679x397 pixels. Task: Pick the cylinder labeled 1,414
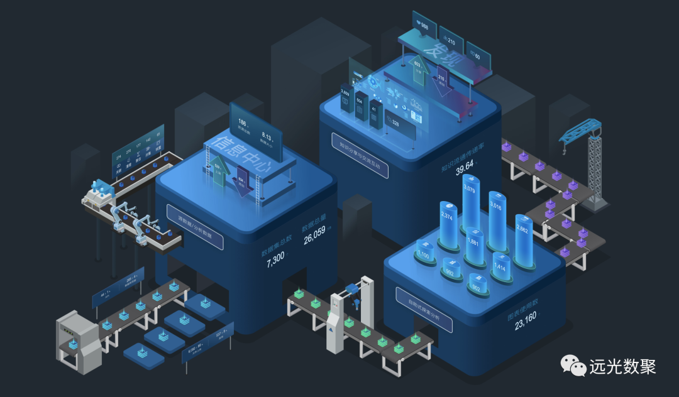(x=501, y=267)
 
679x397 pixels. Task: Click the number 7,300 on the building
(x=275, y=263)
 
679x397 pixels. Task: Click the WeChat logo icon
(x=573, y=367)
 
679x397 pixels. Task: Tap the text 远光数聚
(x=622, y=367)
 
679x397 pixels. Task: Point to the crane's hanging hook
(x=565, y=150)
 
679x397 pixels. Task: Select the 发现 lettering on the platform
(x=442, y=53)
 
